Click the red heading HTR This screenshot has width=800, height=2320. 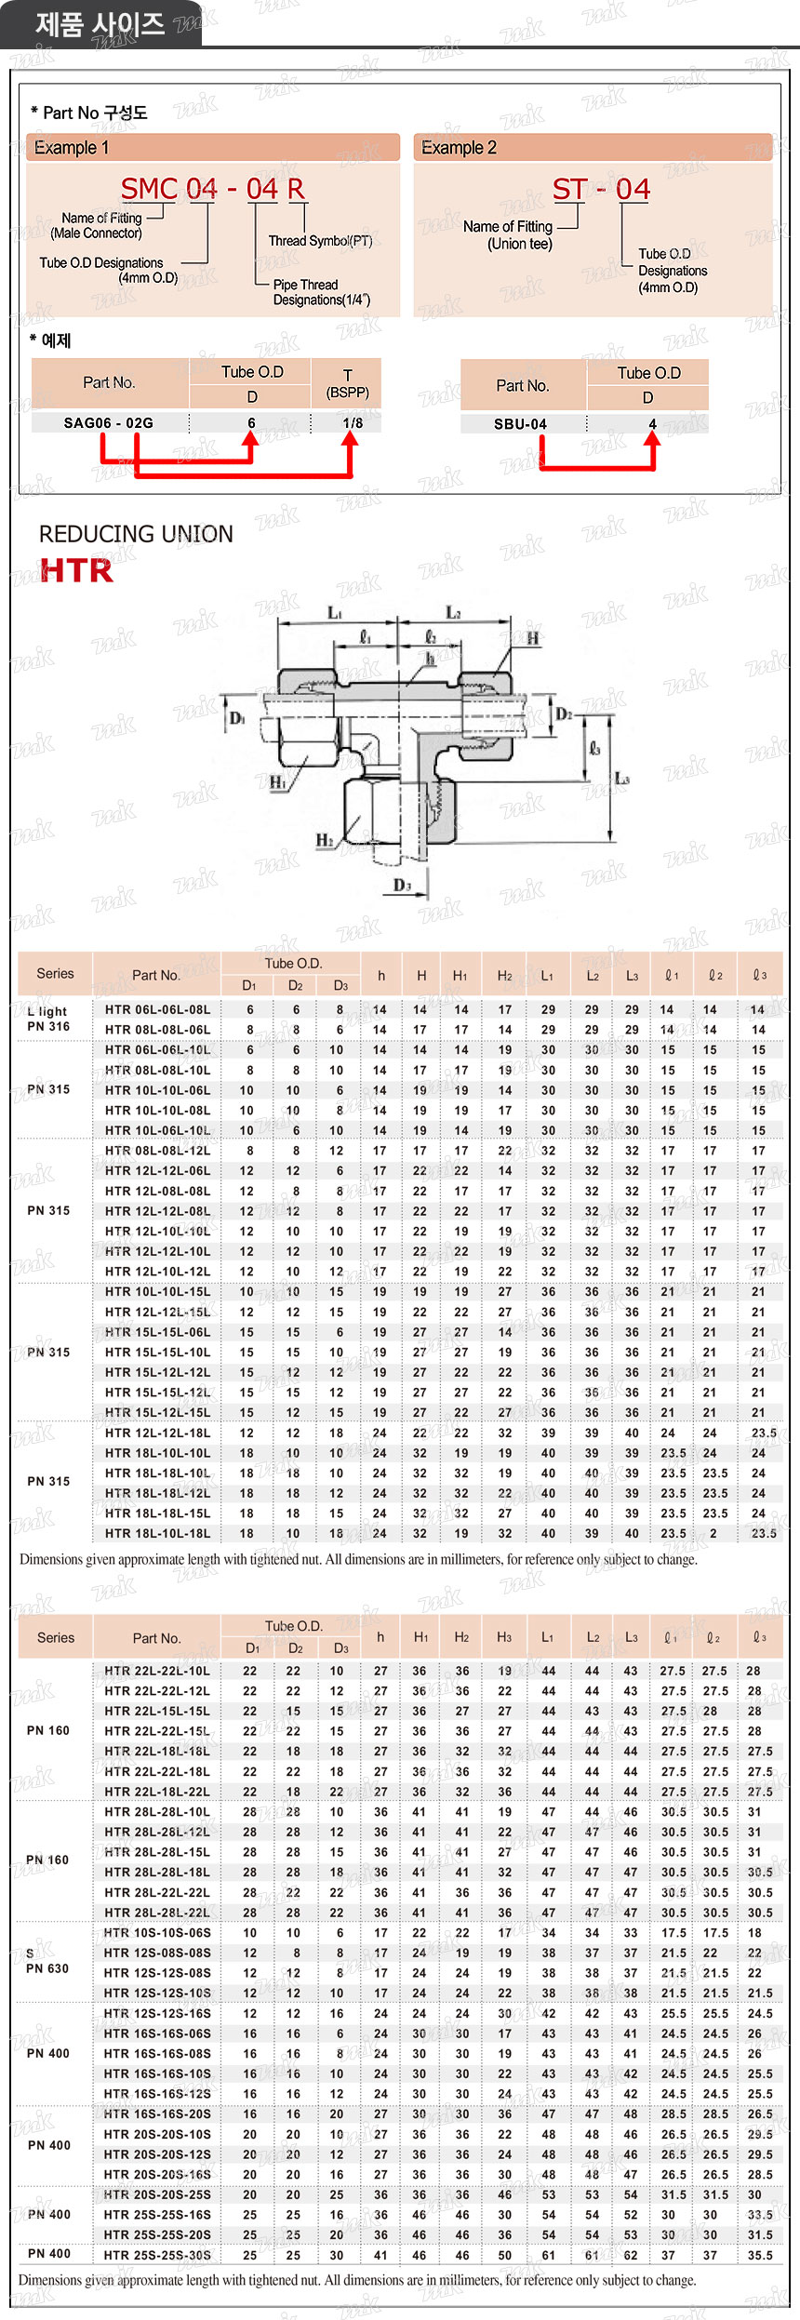76,570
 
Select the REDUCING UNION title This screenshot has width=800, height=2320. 136,534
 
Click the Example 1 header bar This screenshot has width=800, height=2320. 212,147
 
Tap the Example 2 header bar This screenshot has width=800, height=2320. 593,147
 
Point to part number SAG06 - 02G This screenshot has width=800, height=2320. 109,423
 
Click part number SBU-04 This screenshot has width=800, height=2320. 520,424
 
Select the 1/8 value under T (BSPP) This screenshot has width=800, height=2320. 353,423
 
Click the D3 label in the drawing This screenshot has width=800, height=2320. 402,885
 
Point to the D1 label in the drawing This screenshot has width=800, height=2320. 237,717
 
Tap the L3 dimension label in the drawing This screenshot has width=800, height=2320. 621,778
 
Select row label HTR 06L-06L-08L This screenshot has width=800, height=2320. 157,1009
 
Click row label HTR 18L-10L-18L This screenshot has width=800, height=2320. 157,1533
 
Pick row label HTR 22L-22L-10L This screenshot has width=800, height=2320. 157,1671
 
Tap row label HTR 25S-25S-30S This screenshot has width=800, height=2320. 157,2255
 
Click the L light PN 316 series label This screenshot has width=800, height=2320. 48,1019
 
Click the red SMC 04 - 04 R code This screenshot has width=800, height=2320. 213,189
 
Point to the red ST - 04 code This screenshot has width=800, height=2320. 601,190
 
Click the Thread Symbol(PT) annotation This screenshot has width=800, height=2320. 320,241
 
